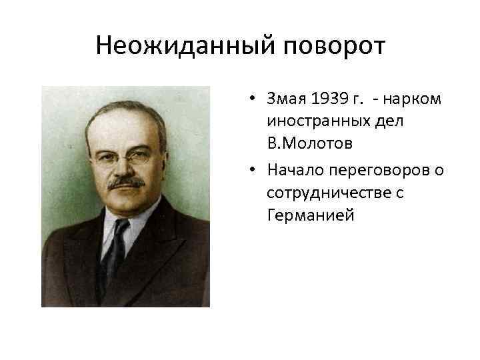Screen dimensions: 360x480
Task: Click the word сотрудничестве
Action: coord(326,193)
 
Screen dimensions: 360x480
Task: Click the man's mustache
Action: coord(127,181)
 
